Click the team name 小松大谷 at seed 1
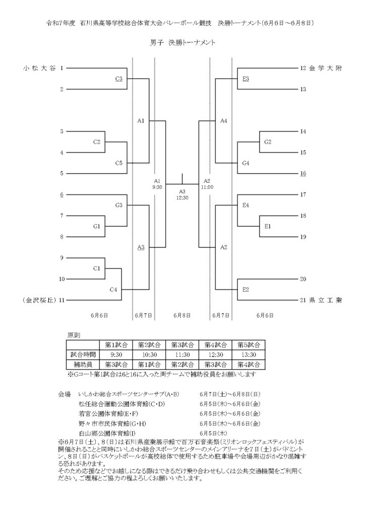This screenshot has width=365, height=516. pyautogui.click(x=39, y=68)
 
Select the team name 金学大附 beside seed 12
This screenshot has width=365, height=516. pyautogui.click(x=326, y=68)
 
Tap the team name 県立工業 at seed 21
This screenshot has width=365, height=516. pyautogui.click(x=326, y=300)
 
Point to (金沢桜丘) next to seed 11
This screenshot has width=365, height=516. pyautogui.click(x=39, y=300)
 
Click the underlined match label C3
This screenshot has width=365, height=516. pyautogui.click(x=119, y=79)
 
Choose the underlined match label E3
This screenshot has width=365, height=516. pyautogui.click(x=246, y=79)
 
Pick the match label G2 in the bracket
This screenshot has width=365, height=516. pyautogui.click(x=268, y=142)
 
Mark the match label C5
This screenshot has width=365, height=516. pyautogui.click(x=119, y=163)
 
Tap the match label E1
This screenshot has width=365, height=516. pyautogui.click(x=268, y=226)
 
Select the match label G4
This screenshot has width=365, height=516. pyautogui.click(x=246, y=163)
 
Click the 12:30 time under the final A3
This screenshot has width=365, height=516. pyautogui.click(x=182, y=198)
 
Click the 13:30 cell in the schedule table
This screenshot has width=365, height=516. pyautogui.click(x=249, y=355)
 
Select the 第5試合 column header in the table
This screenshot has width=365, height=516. pyautogui.click(x=249, y=345)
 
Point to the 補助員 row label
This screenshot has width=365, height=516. pyautogui.click(x=83, y=365)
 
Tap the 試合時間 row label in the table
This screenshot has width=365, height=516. pyautogui.click(x=83, y=355)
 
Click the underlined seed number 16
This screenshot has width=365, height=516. pyautogui.click(x=303, y=173)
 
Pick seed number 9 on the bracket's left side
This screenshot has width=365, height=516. pyautogui.click(x=62, y=258)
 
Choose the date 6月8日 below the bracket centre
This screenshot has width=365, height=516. pyautogui.click(x=182, y=315)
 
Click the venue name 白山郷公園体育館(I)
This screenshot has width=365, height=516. pyautogui.click(x=107, y=433)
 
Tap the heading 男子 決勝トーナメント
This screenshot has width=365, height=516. pyautogui.click(x=182, y=43)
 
